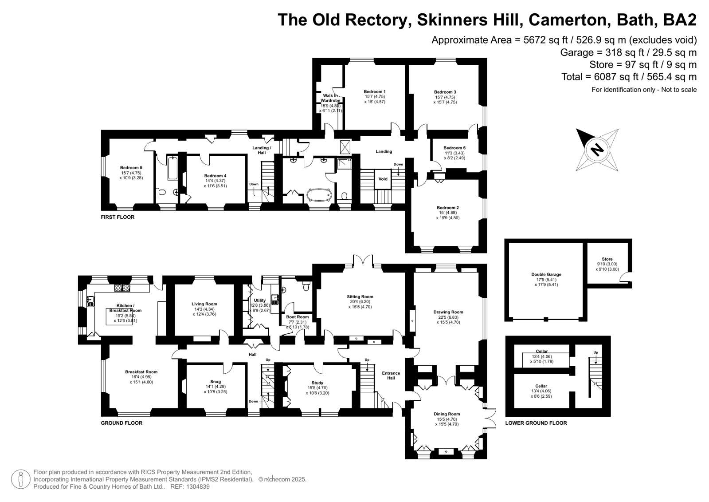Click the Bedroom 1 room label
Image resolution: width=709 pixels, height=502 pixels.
375,92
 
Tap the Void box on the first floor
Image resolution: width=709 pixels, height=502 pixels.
383,179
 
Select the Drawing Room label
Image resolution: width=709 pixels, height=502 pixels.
448,312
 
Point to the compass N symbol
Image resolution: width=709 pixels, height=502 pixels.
597,149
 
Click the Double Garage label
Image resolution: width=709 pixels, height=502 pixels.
546,275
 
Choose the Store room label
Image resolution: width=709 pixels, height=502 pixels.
607,259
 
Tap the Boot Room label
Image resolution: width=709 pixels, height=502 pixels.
298,317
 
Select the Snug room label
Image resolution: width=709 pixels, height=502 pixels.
215,382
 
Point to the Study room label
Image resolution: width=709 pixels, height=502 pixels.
317,383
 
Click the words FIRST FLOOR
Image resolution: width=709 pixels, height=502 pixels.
118,217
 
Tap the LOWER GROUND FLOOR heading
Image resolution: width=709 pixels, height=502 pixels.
536,423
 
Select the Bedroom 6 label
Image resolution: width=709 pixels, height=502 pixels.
454,148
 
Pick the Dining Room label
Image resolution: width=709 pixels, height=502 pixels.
447,414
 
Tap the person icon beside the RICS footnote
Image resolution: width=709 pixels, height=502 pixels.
20,479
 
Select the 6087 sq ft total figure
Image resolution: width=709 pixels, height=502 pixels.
613,77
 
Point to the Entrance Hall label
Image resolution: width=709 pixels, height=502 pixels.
391,376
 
